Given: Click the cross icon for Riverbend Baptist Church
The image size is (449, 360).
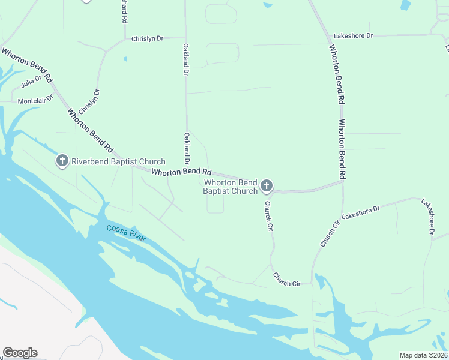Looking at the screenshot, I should (62, 161).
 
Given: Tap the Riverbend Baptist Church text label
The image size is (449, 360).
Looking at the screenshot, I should (118, 161).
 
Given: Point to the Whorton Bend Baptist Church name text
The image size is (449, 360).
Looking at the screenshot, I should (231, 187).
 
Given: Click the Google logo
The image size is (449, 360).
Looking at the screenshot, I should (20, 353).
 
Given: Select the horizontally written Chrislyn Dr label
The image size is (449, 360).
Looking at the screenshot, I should (147, 39).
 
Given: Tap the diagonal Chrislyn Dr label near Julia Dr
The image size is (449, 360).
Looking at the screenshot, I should (88, 102).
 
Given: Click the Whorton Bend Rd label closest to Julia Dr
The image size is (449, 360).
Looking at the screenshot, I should (26, 65).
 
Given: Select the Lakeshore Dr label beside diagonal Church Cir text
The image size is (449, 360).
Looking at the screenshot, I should (361, 212).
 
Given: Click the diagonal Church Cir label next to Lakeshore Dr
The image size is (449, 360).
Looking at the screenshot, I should (330, 234).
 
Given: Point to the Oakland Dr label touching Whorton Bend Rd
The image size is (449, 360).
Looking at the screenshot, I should (187, 149).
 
